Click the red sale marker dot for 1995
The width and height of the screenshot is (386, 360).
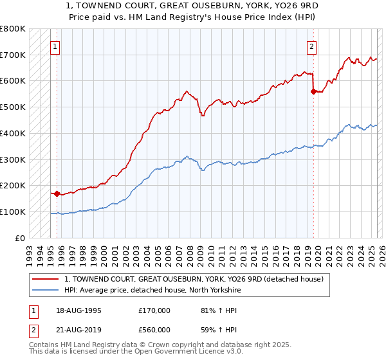click(57, 193)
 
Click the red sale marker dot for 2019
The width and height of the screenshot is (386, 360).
click(313, 91)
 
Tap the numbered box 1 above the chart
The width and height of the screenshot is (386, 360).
click(55, 46)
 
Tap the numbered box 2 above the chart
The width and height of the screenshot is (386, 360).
click(311, 46)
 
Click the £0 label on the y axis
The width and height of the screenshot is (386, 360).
click(21, 238)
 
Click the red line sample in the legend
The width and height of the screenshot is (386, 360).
click(45, 278)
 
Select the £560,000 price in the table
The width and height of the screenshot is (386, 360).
click(154, 330)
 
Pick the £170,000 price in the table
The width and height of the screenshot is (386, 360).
click(154, 310)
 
